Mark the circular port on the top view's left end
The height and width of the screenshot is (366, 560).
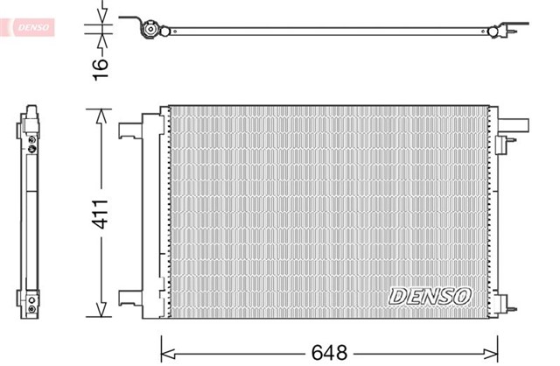150,31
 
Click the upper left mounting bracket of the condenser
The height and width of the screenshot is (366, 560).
131,128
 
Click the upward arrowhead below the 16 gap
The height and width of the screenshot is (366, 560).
102,40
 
